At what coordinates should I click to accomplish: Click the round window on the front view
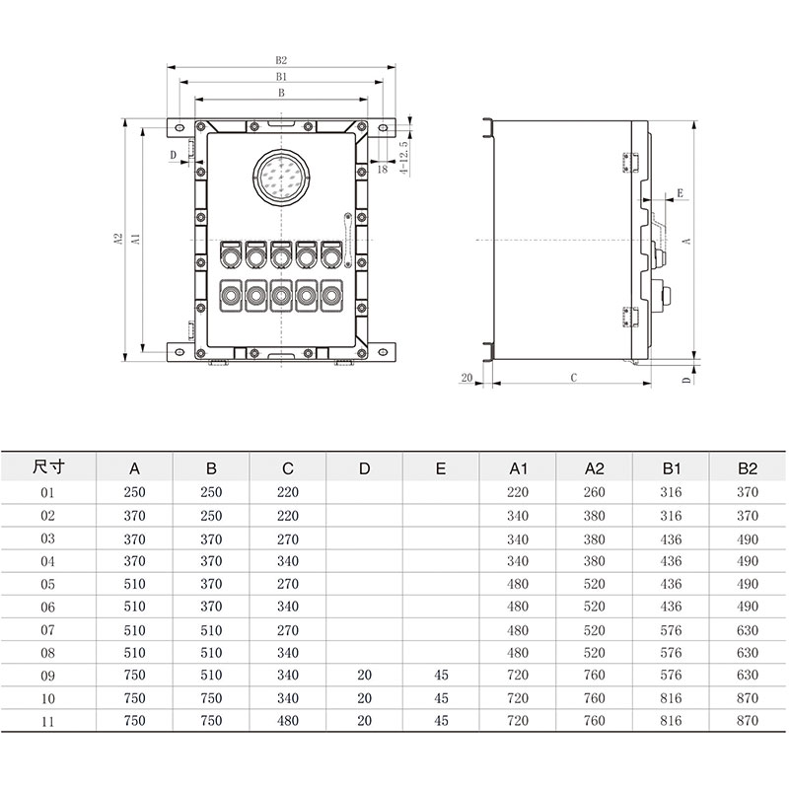click(283, 178)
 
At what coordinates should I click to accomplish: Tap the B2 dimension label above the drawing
click(282, 60)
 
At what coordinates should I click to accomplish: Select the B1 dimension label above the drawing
click(282, 76)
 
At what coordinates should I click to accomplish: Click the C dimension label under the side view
click(573, 378)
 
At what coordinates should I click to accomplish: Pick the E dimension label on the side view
click(680, 194)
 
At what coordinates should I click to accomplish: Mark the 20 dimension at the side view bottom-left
click(466, 378)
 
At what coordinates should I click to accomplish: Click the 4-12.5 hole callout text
click(403, 156)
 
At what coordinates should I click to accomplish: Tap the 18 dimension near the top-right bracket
click(384, 170)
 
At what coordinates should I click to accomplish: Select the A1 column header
click(518, 467)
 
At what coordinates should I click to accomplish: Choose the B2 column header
click(748, 467)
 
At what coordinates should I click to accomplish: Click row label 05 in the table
click(48, 584)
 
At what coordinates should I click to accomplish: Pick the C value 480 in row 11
click(287, 721)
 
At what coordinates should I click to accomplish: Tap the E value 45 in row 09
click(441, 676)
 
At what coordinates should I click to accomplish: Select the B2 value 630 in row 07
click(748, 630)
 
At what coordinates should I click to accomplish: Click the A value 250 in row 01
click(134, 492)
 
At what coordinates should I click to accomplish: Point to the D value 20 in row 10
click(364, 698)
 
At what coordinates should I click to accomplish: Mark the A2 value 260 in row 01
click(595, 492)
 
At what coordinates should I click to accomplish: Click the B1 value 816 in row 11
click(671, 721)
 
